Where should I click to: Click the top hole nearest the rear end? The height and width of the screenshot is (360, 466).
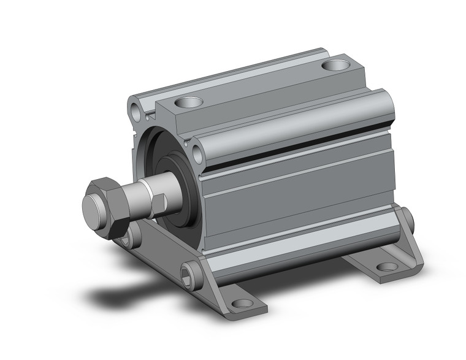pos(335,64)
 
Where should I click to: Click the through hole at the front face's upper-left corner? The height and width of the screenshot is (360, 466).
pos(134,111)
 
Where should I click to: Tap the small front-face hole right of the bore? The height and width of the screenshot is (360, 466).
pos(196,150)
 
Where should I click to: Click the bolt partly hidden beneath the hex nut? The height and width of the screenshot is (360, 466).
pos(129,236)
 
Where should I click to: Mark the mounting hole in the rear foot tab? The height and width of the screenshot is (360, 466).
pos(386,266)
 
